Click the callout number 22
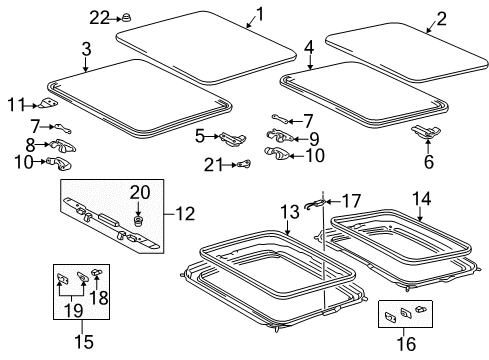pos(98,17)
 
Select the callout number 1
pos(260,13)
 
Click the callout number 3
pos(87,48)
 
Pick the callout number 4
pos(309,47)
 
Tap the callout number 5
pos(200,135)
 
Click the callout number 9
pos(314,138)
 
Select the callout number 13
pos(289,211)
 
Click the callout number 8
pos(30,145)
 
